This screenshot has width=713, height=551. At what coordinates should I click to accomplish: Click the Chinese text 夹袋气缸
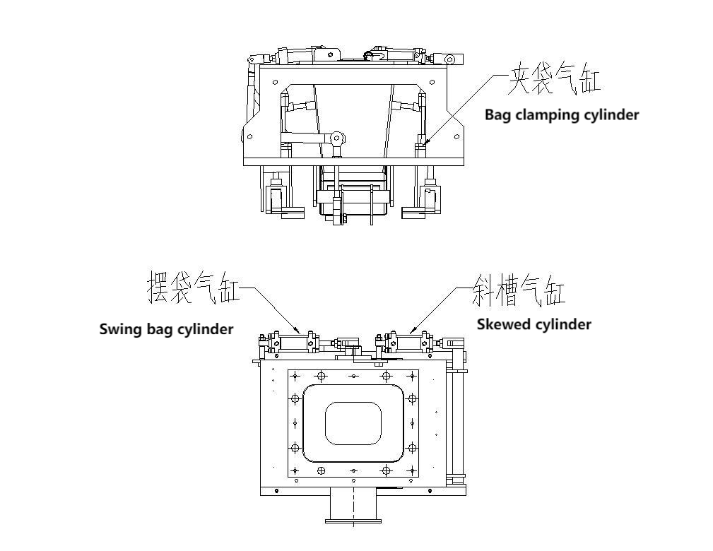(x=554, y=79)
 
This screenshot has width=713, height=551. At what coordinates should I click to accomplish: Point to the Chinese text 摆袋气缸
(x=193, y=288)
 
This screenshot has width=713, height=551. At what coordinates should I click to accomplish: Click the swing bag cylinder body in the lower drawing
(x=290, y=343)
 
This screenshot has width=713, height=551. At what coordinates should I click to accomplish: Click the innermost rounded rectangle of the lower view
(x=353, y=423)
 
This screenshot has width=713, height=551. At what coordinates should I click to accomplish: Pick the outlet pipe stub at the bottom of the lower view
(x=353, y=508)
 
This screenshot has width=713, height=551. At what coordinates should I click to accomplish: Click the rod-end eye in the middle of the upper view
(x=338, y=138)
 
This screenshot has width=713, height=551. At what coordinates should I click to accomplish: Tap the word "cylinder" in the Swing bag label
(x=205, y=329)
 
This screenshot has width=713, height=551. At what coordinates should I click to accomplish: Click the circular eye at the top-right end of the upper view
(x=450, y=59)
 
